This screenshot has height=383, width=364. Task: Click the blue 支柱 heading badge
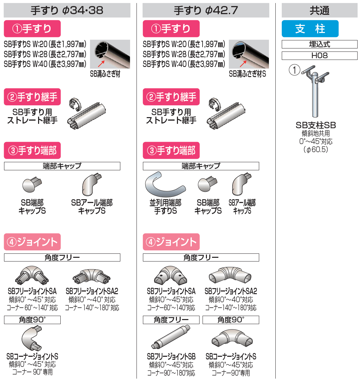[310, 29]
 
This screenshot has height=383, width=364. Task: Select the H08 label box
[320, 56]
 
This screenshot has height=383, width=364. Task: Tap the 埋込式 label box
[320, 44]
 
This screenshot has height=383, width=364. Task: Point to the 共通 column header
[320, 10]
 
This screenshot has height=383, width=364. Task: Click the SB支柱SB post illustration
[314, 94]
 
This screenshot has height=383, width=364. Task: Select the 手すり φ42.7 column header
[206, 10]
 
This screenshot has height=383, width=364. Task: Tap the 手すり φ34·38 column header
[67, 10]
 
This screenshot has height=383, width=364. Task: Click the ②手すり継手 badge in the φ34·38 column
[32, 97]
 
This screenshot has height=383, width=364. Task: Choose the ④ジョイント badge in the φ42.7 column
[171, 242]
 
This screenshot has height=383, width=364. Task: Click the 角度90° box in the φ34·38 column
[32, 320]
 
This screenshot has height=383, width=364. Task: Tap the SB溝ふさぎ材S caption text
[247, 74]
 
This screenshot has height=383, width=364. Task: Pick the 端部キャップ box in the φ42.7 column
[201, 166]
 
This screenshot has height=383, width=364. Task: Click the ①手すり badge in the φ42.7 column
[171, 29]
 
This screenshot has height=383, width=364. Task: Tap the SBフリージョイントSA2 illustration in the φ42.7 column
[231, 274]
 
